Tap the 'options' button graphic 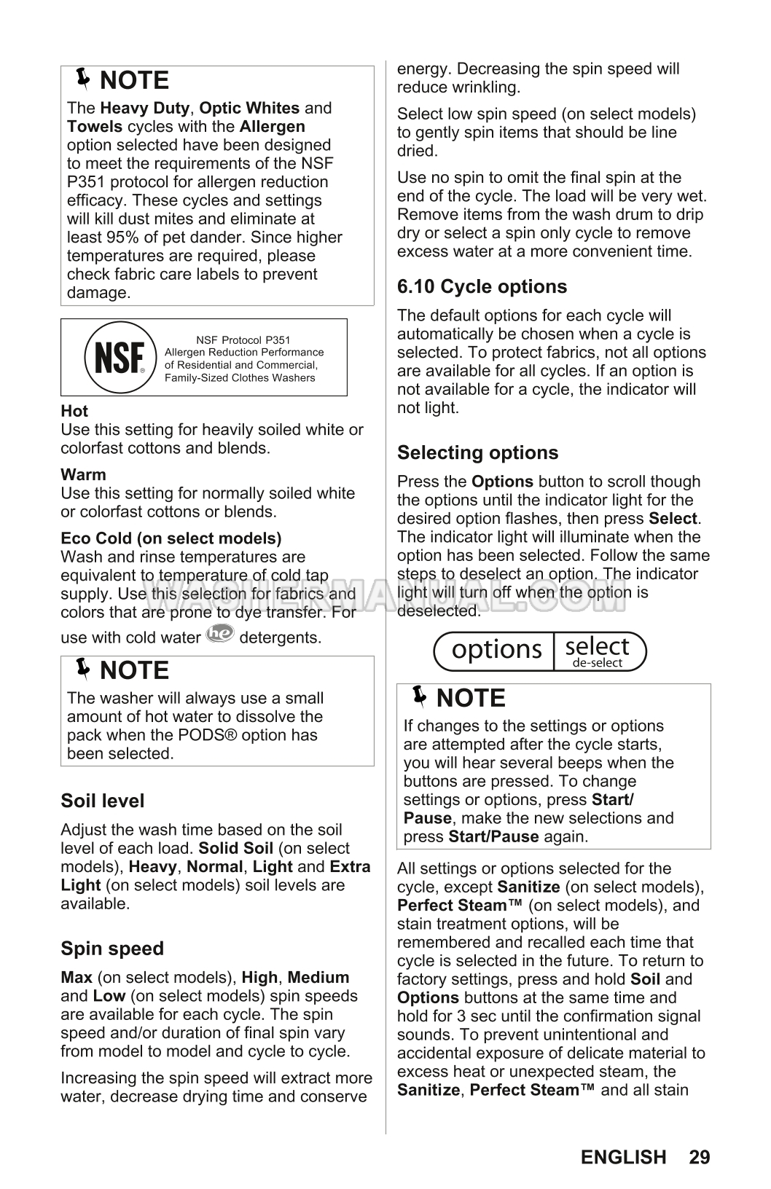point(496,650)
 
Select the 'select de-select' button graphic point(598,651)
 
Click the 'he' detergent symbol point(220,634)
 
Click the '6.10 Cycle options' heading point(482,286)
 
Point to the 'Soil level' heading point(103,801)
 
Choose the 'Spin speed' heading point(112,949)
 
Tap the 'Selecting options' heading point(477,452)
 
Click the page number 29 point(699,1157)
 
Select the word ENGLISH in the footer point(624,1157)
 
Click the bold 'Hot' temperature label point(74,411)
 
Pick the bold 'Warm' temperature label point(83,474)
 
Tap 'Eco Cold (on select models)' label point(171,538)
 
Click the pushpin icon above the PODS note point(83,667)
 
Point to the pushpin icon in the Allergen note point(83,77)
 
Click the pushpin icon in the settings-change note point(419,696)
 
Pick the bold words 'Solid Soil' point(235,848)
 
